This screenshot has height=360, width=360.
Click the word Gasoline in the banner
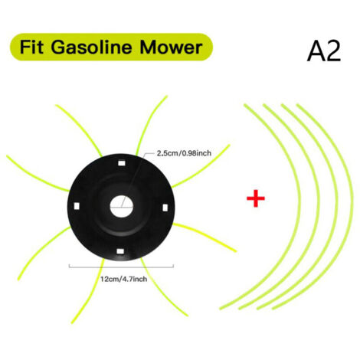point(91,47)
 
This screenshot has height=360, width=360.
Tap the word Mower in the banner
point(171,47)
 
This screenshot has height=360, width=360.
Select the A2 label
point(324,51)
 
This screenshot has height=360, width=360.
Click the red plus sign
point(256,198)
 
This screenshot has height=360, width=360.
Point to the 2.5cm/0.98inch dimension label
point(184,153)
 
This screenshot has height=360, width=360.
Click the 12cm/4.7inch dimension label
point(123,279)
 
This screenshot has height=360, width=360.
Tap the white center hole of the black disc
point(122,207)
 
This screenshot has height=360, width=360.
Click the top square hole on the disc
point(122,163)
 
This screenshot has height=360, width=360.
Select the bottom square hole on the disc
point(120,251)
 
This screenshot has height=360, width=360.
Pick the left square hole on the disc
point(77,206)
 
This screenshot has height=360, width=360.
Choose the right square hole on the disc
point(165,208)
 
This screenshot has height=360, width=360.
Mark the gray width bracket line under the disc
point(121,267)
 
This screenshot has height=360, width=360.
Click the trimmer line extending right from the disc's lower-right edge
point(205,236)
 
